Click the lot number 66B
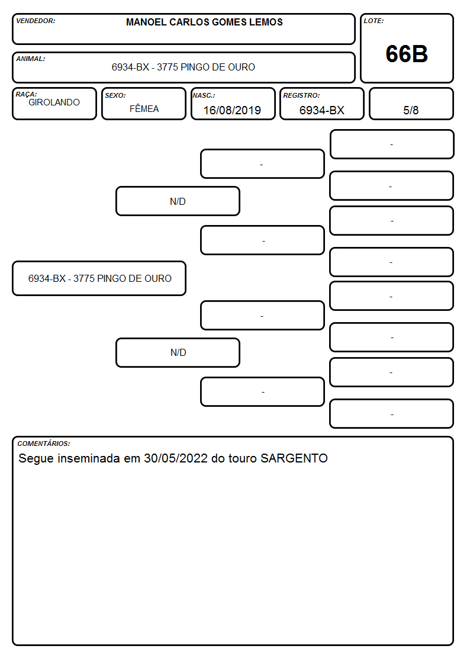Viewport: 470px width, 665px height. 407,54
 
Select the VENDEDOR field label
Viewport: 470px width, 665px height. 36,21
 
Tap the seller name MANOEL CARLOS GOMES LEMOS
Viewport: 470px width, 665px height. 204,22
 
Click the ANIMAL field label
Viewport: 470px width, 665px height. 31,59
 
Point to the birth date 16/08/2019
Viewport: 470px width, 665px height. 232,110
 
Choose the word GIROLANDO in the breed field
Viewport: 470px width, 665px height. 54,102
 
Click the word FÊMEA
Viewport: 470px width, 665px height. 144,108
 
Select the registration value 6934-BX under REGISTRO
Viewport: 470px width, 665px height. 321,110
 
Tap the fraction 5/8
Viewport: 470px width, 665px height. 411,110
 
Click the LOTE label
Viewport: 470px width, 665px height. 374,21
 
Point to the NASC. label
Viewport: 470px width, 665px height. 204,96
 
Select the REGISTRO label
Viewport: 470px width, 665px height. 301,96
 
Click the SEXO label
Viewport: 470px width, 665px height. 115,96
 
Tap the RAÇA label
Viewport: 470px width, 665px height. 26,94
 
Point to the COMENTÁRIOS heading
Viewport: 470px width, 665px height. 44,444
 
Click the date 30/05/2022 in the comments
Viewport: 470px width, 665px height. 175,458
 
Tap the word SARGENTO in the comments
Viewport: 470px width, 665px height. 294,458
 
